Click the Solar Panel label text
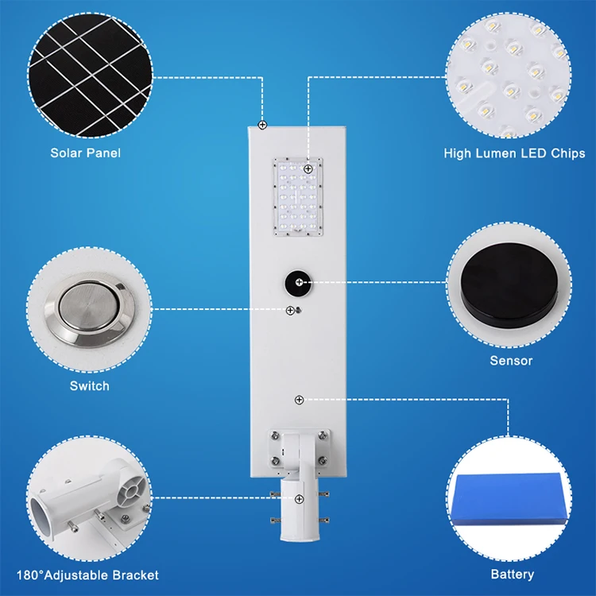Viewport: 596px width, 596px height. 86,153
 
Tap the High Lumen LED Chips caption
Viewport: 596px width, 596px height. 514,153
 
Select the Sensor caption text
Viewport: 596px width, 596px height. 511,361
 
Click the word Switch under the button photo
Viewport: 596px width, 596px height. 89,385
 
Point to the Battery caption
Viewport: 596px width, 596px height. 512,574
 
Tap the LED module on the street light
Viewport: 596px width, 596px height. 300,197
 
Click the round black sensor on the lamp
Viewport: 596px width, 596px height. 300,282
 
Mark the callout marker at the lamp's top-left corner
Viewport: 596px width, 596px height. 262,125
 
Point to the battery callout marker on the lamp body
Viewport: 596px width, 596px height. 299,399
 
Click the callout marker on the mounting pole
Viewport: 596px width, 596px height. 299,499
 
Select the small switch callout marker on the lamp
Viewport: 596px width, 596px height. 291,309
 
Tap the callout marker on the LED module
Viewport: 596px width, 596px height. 308,169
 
